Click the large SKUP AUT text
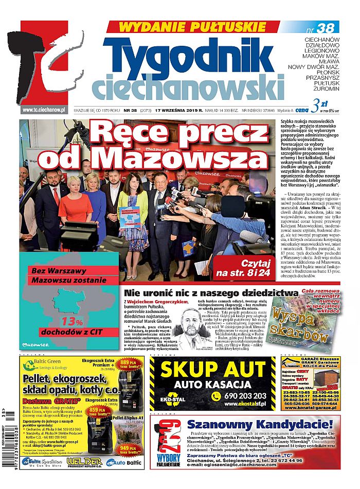(x=212, y=370)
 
